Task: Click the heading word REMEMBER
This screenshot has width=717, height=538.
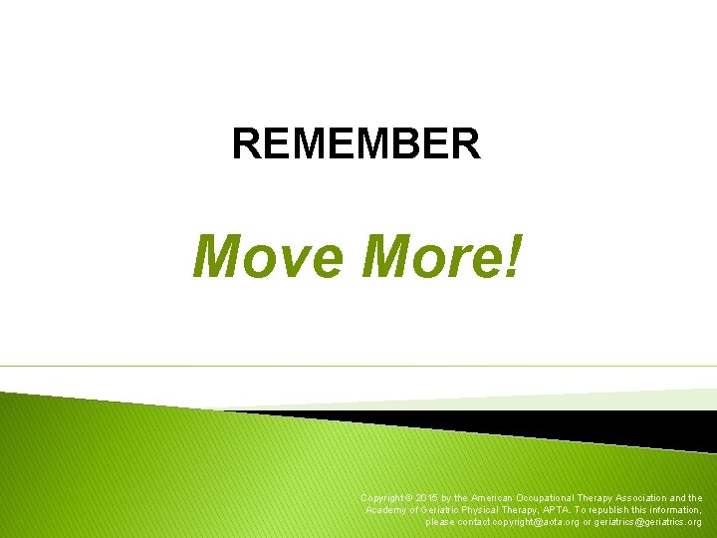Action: pyautogui.click(x=356, y=143)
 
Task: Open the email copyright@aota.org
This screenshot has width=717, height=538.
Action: pyautogui.click(x=530, y=522)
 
